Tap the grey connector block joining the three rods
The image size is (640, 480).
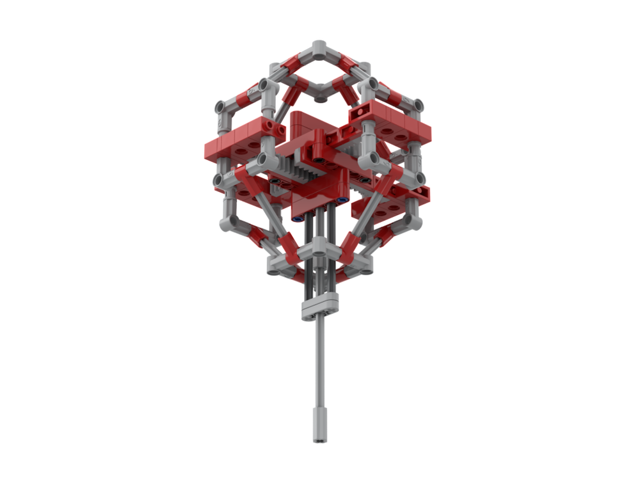318,307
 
